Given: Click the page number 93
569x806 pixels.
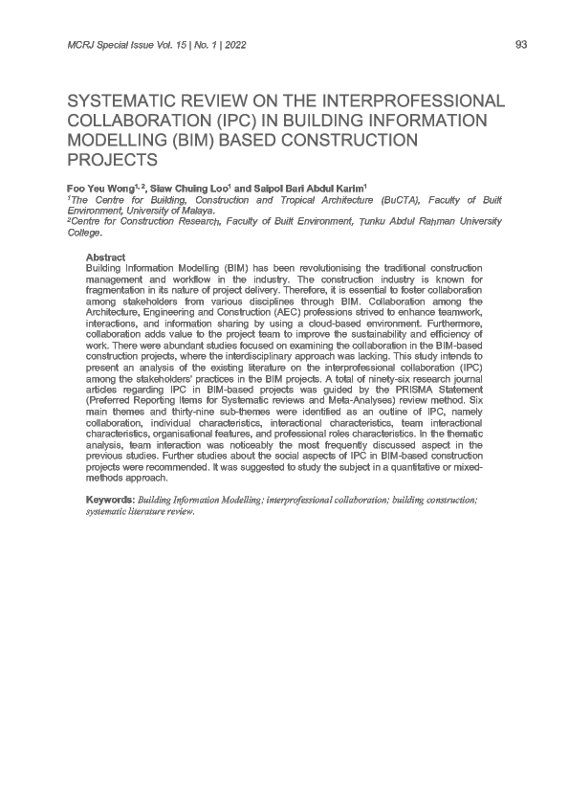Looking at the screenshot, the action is pyautogui.click(x=521, y=45).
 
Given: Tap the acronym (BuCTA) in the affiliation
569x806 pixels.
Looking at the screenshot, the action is pyautogui.click(x=402, y=201).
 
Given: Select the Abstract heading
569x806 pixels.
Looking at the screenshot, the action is pyautogui.click(x=105, y=257).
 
